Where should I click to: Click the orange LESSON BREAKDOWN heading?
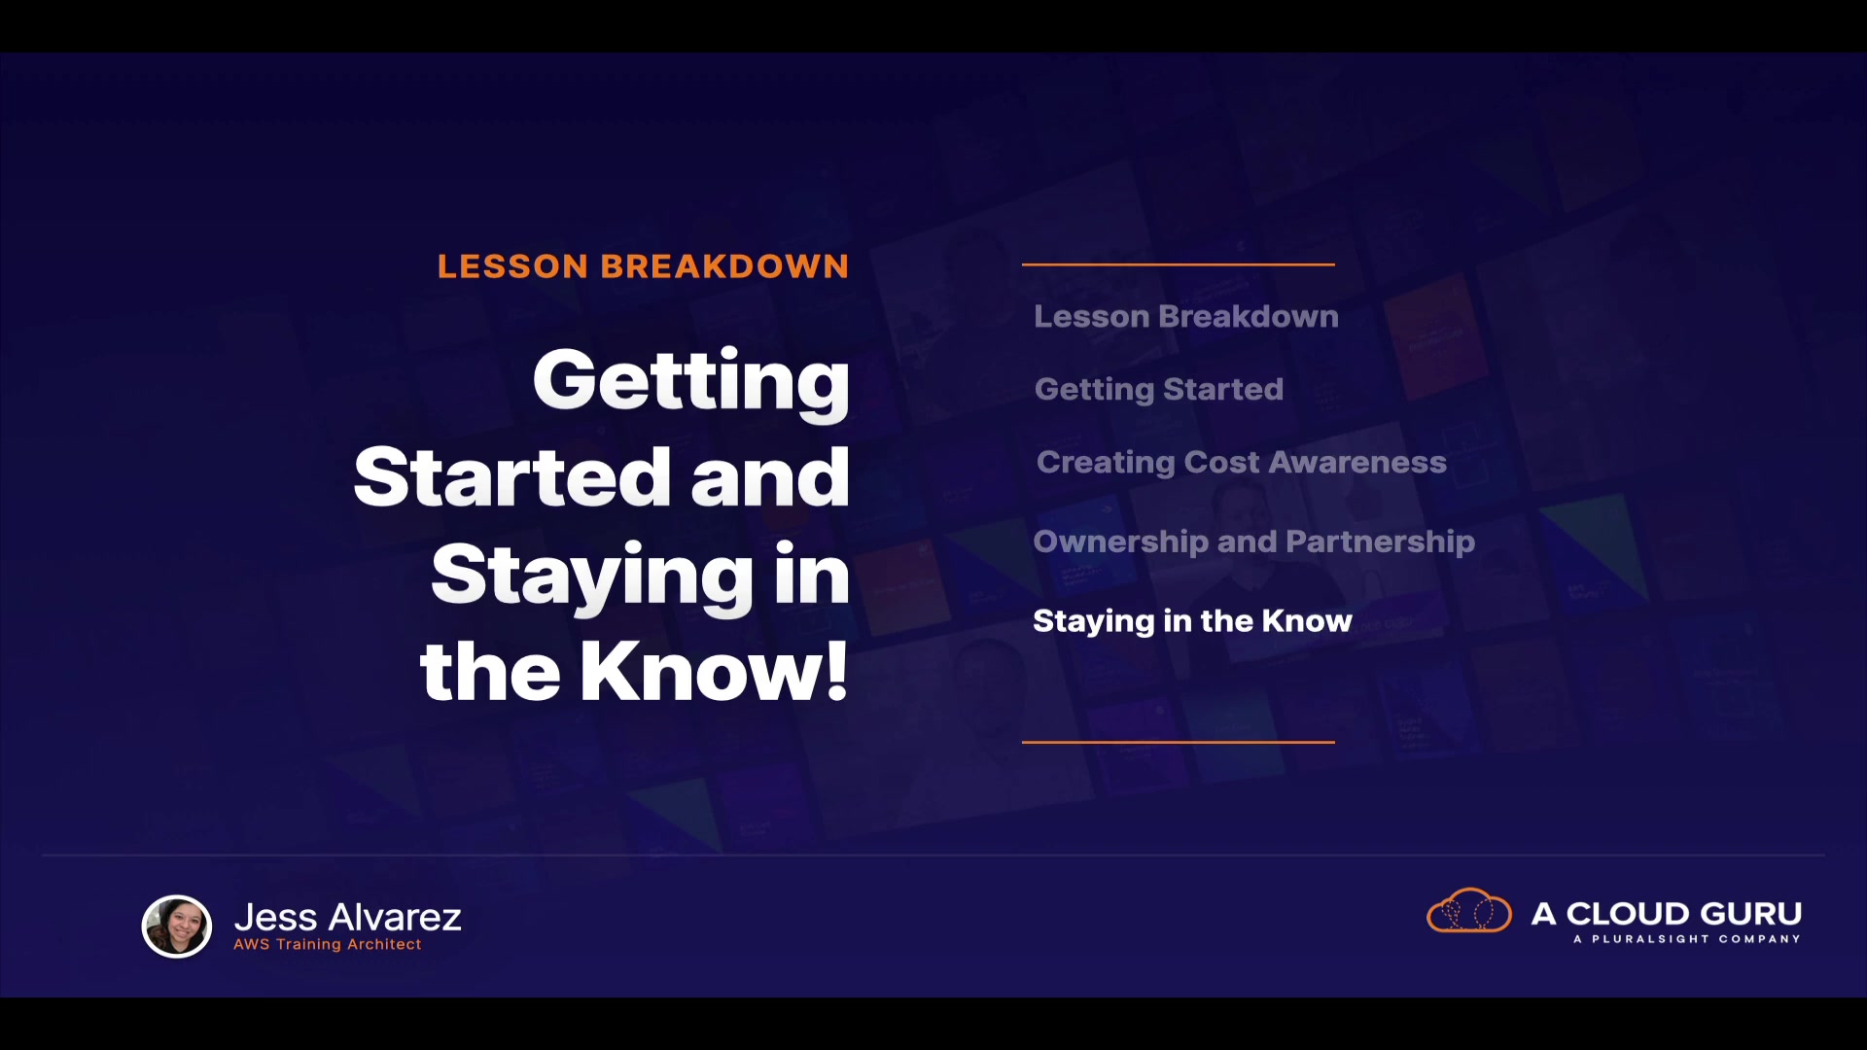[643, 266]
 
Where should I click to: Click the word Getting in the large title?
[691, 383]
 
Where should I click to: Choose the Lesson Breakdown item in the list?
[1186, 316]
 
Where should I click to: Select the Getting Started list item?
[1159, 390]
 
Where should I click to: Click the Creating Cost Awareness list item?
[1242, 462]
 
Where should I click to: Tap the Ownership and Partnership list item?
[1254, 542]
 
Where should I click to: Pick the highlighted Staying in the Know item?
[1192, 621]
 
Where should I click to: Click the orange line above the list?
[1179, 263]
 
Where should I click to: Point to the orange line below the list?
[1179, 742]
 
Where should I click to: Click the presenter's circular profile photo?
[177, 927]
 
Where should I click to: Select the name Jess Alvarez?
[348, 917]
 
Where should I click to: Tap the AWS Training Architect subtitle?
[328, 944]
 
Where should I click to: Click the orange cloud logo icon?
[1469, 911]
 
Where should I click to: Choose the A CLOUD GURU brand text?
[1667, 914]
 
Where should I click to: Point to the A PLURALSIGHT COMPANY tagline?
[1687, 939]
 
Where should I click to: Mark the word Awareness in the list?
[1357, 462]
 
